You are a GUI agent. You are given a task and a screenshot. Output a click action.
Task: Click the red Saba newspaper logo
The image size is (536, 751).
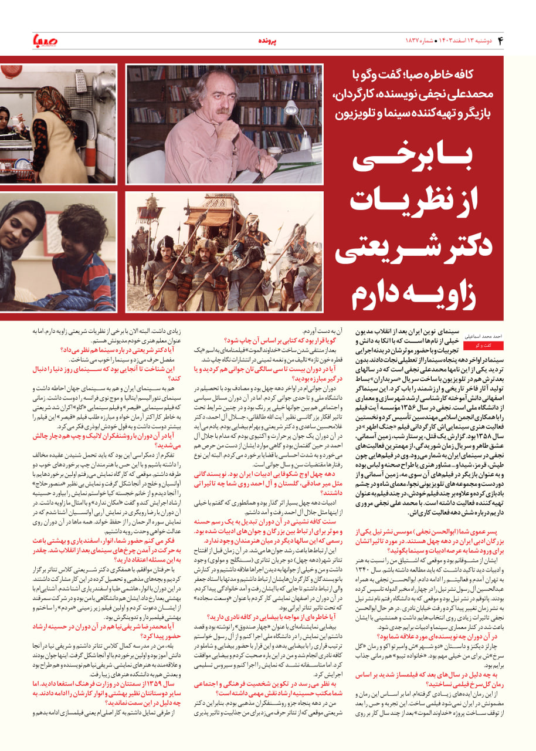point(45,41)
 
